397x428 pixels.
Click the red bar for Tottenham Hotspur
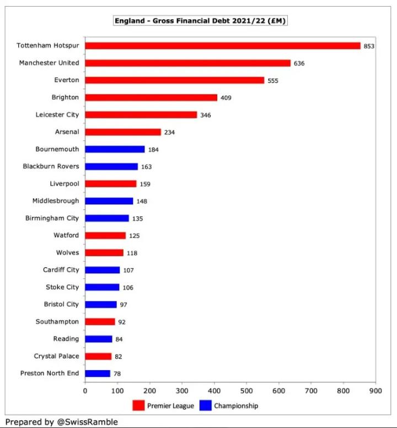pyautogui.click(x=222, y=46)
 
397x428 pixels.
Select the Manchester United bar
pyautogui.click(x=187, y=63)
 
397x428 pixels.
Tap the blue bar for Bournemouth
pyautogui.click(x=115, y=149)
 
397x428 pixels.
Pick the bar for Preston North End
pyautogui.click(x=98, y=373)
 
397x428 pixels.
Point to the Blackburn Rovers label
pyautogui.click(x=51, y=166)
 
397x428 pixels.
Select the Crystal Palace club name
pyautogui.click(x=56, y=356)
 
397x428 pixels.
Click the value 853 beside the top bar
pyautogui.click(x=369, y=46)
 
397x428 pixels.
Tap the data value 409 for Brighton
pyautogui.click(x=226, y=98)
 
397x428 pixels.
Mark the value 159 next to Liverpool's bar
pyautogui.click(x=145, y=184)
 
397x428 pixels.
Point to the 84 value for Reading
pyautogui.click(x=119, y=339)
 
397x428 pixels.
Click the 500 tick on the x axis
pyautogui.click(x=246, y=390)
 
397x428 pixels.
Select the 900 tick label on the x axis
pyautogui.click(x=375, y=390)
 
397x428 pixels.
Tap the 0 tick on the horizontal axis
pyautogui.click(x=85, y=390)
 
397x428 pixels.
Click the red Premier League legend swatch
pyautogui.click(x=138, y=406)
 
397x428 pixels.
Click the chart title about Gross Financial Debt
pyautogui.click(x=200, y=21)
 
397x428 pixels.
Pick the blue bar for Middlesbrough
pyautogui.click(x=109, y=201)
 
